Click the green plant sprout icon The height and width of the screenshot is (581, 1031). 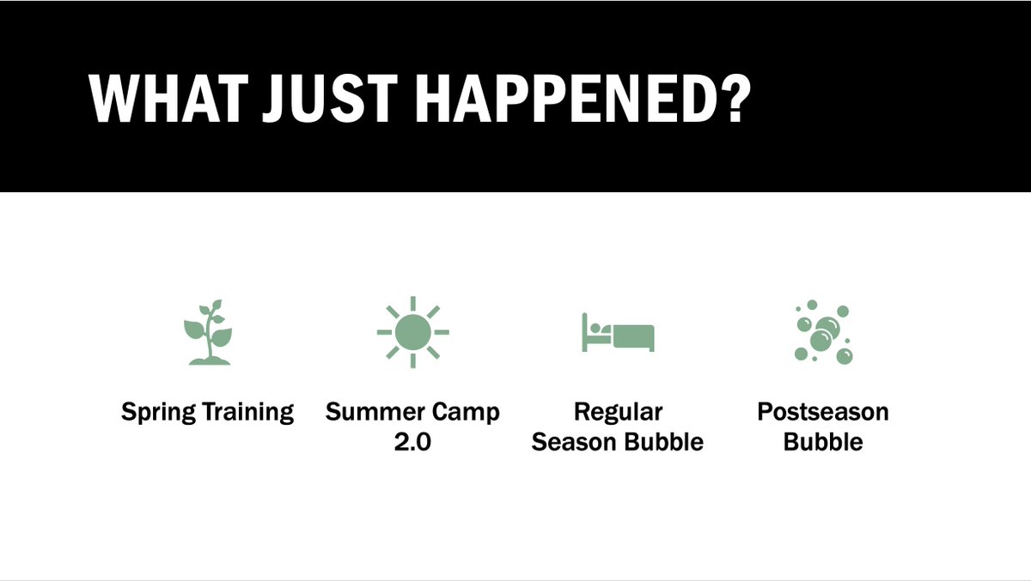coord(208,332)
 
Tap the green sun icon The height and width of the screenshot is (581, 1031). coord(412,332)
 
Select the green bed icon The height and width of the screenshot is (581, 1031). coord(619,332)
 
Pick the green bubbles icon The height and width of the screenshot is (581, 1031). coord(823,332)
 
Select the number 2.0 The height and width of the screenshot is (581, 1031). coord(412,442)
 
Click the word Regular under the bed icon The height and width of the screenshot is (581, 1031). coord(618,413)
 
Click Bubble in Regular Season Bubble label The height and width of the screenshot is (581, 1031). coord(664,442)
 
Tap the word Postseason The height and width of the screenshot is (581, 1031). coord(823,412)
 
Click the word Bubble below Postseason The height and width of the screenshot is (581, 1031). coord(823,442)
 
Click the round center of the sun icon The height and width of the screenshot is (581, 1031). coord(412,332)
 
